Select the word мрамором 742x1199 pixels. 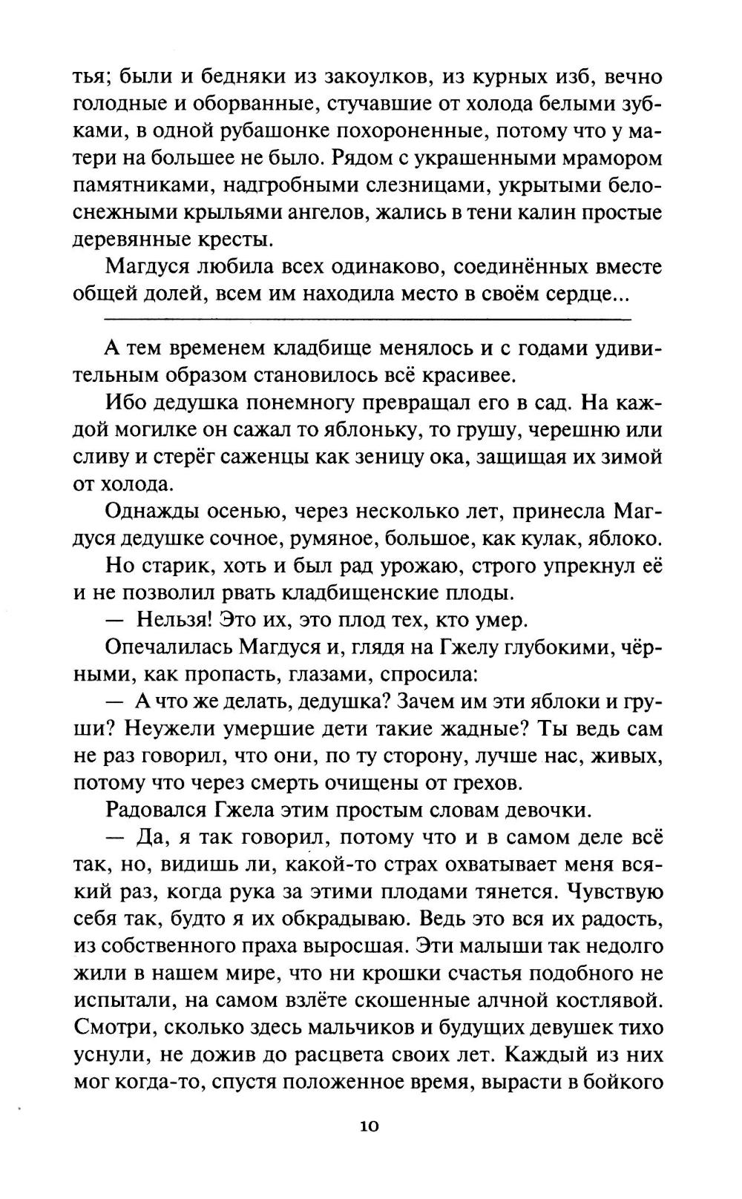coord(607,159)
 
